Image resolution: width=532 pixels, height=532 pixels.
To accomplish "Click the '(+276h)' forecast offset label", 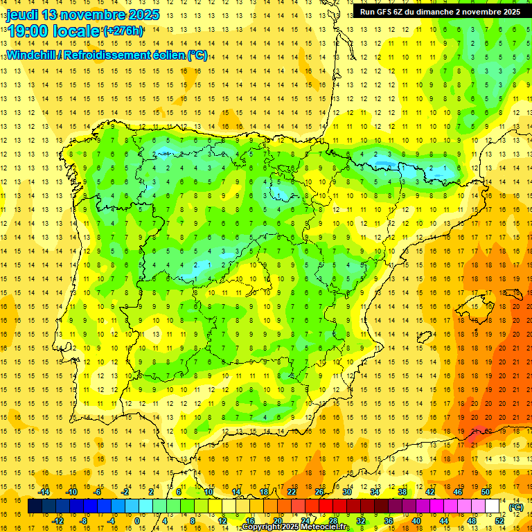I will [x=123, y=30].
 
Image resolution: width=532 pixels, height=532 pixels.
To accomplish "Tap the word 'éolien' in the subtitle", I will [x=170, y=55].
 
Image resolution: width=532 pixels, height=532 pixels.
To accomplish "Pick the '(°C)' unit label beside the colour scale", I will [x=516, y=507].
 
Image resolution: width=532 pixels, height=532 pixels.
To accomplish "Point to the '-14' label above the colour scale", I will [x=44, y=492].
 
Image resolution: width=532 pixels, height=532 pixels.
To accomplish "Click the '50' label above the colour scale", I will [x=486, y=492].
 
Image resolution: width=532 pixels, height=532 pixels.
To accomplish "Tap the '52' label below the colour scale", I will [x=499, y=521].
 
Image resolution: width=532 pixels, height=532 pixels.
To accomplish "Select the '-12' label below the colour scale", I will [x=58, y=521].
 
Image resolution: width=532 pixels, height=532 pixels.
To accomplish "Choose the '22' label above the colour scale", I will [x=292, y=492].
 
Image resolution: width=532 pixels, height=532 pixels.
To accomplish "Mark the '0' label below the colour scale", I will [x=136, y=521].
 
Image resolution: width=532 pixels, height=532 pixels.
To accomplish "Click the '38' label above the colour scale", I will [x=402, y=492].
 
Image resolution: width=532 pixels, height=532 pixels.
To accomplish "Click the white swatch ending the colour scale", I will [x=493, y=506].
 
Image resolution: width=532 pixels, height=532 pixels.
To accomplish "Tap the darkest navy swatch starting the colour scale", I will [x=35, y=506].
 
